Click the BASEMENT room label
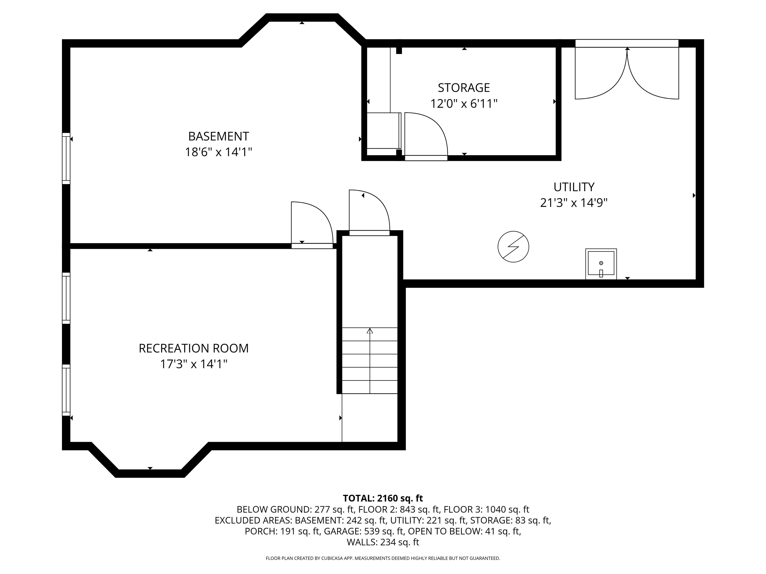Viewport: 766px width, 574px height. point(218,136)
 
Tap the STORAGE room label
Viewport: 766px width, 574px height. point(464,88)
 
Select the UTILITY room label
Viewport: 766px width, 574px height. point(574,187)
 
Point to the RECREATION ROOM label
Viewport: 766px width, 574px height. point(193,348)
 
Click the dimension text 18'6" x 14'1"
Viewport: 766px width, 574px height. point(218,152)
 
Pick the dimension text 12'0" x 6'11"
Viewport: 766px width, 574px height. point(464,103)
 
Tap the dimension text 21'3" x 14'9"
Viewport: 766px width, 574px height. point(574,202)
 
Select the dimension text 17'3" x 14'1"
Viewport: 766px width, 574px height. point(193,364)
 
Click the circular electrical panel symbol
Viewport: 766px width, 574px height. point(513,247)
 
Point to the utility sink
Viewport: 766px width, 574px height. point(601,264)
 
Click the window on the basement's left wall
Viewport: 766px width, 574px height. point(66,158)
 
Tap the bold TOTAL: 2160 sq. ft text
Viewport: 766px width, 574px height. point(383,498)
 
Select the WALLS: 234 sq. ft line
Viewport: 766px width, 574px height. point(383,542)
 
